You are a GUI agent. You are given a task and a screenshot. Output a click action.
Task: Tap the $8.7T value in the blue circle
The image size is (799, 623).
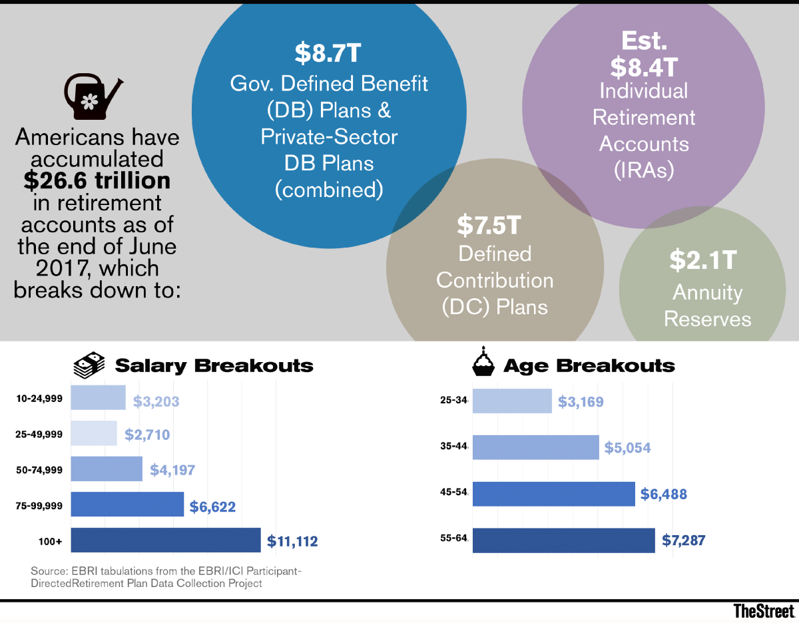click(x=329, y=54)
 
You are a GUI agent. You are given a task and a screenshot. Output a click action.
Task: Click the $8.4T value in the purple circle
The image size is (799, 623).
click(x=644, y=67)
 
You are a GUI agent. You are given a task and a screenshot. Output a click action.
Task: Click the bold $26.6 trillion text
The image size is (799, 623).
click(x=98, y=180)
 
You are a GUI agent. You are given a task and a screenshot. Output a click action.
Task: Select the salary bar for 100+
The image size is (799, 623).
click(x=165, y=540)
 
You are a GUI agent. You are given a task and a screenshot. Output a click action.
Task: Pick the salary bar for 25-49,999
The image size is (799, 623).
click(x=94, y=433)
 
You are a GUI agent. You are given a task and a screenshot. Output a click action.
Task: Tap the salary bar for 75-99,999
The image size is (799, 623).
click(x=127, y=505)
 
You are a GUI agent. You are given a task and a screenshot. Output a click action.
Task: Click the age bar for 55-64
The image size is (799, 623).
click(x=564, y=540)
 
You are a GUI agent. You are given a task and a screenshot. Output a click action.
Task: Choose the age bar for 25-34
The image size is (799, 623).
click(x=512, y=401)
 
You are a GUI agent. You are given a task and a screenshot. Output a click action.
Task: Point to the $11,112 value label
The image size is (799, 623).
click(x=292, y=541)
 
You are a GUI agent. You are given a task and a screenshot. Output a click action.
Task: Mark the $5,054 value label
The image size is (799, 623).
click(x=627, y=448)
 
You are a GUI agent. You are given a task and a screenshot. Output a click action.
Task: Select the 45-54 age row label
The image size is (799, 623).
click(x=454, y=494)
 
